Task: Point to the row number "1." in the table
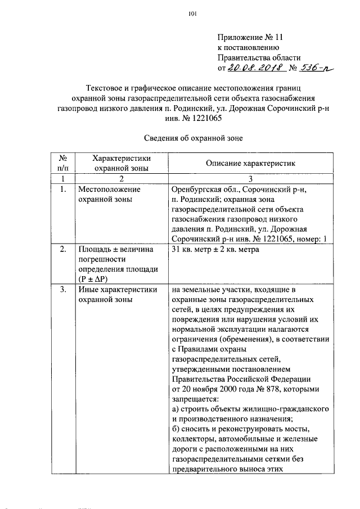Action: pos(64,190)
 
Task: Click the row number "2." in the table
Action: pos(64,249)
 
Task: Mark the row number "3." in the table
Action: pos(64,289)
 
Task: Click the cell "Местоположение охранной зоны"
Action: pos(109,194)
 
